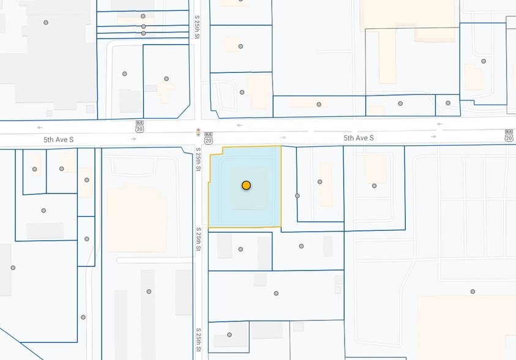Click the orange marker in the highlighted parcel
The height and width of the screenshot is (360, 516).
[x=246, y=185]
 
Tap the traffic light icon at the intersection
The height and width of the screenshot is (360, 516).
[x=198, y=132]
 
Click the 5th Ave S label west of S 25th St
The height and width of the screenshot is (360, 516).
[x=58, y=140]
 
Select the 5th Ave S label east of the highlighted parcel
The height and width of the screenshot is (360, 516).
[x=358, y=138]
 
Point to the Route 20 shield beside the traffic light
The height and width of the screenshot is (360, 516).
[x=208, y=137]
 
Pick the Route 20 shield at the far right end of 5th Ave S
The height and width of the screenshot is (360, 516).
[x=509, y=135]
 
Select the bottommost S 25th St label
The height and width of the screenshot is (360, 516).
[x=198, y=340]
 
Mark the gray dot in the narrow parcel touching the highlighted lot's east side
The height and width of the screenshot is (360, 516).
[x=297, y=196]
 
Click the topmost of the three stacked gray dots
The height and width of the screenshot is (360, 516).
[x=143, y=17]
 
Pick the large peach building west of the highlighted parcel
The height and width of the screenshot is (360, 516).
[x=136, y=217]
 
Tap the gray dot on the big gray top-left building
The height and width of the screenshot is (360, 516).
[x=46, y=23]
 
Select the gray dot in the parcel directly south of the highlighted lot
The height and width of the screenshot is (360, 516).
[x=241, y=249]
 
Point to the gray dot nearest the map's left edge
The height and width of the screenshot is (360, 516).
[x=13, y=268]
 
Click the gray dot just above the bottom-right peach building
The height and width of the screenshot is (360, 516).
[x=473, y=291]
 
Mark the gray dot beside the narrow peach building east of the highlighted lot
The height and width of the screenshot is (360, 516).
[x=320, y=182]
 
